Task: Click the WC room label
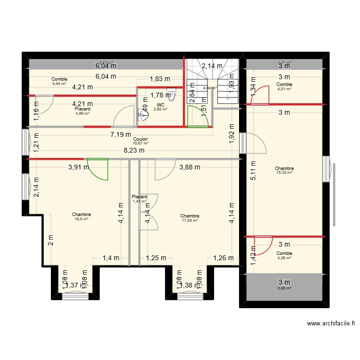[x=160, y=105]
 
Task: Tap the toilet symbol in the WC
[x=171, y=93]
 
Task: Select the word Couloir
[x=141, y=139]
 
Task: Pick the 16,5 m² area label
[x=81, y=219]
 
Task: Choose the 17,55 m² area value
[x=190, y=220]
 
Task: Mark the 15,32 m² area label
[x=284, y=173]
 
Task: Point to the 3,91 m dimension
[x=78, y=167]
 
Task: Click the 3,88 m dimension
[x=190, y=167]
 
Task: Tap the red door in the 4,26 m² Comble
[x=262, y=245]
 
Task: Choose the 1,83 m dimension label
[x=159, y=79]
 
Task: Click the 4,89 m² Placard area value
[x=82, y=113]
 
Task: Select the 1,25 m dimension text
[x=156, y=258]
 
